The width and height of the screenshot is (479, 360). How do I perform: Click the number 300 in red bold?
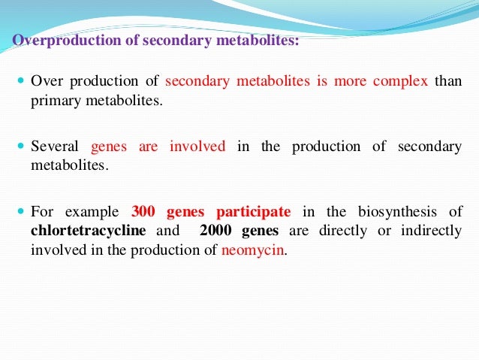(143, 211)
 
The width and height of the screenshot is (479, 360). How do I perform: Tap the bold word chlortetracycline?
(87, 231)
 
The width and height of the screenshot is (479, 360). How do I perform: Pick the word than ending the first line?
(448, 82)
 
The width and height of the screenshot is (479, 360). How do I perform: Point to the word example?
(94, 211)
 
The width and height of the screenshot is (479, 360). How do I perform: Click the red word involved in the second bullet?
(197, 147)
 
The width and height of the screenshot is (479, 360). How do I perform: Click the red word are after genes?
(148, 147)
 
